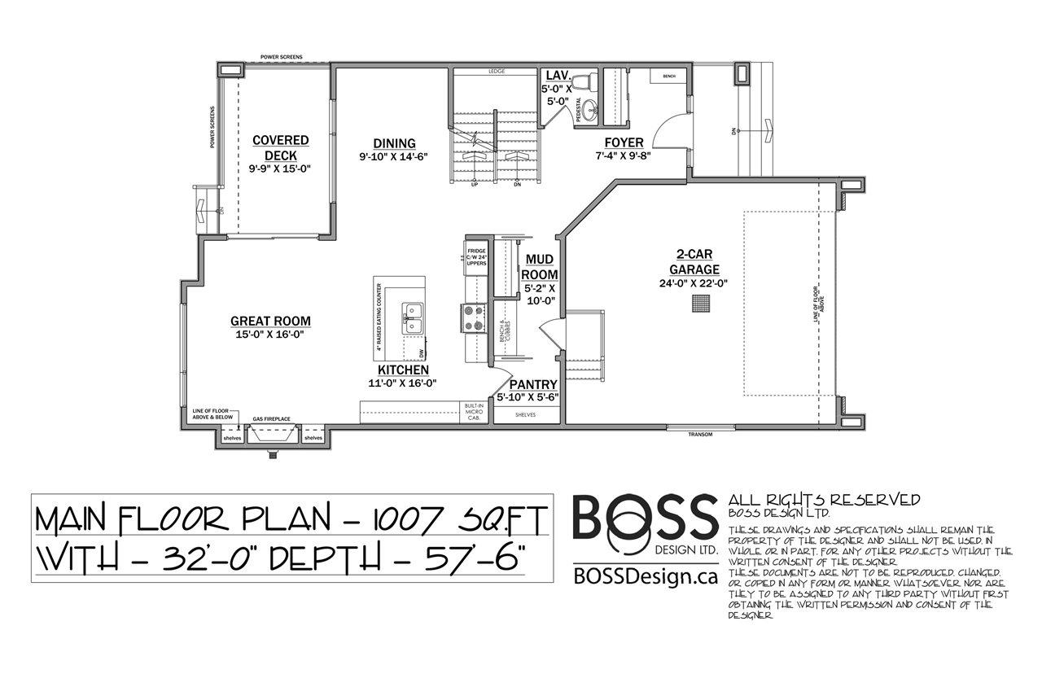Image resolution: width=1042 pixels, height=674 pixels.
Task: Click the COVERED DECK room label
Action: point(280,147)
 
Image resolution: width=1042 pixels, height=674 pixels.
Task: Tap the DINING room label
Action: point(394,143)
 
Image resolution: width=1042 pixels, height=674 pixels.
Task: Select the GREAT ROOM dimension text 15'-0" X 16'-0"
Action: point(270,334)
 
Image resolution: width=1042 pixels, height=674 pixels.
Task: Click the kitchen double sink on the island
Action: point(414,317)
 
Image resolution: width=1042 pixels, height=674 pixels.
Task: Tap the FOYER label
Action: point(624,142)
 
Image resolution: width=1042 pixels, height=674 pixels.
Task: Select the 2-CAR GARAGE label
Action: point(694,261)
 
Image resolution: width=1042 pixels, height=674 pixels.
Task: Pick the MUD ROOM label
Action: point(539,267)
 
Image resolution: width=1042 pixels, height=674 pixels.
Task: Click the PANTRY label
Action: point(533,385)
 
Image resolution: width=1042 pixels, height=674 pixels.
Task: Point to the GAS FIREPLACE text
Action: point(271,418)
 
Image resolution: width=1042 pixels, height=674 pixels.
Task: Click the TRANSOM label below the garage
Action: point(699,435)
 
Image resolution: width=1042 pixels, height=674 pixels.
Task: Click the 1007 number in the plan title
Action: point(401,519)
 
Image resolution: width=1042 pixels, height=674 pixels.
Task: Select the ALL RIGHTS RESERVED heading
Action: point(824,500)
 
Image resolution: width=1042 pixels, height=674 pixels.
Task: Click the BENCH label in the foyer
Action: point(669,77)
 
